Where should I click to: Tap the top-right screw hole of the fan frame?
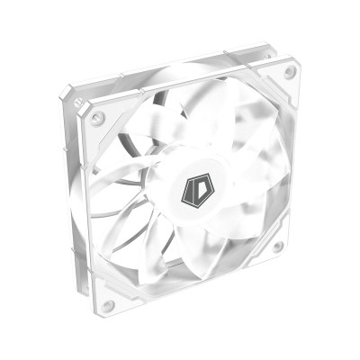(x=290, y=73)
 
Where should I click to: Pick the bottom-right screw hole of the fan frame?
(x=278, y=246)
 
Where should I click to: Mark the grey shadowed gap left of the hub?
(x=135, y=180)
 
